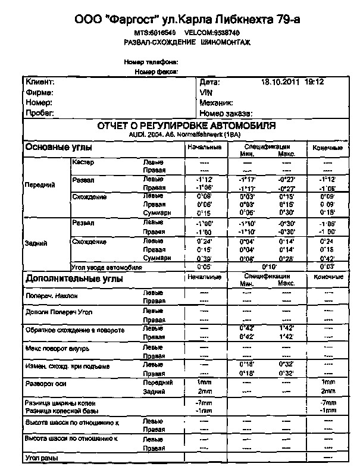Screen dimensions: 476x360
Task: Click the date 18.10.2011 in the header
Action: click(281, 82)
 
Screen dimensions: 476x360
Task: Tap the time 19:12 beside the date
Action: click(314, 82)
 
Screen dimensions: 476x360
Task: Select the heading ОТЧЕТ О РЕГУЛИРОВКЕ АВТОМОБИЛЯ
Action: click(186, 126)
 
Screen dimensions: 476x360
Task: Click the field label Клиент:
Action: click(40, 82)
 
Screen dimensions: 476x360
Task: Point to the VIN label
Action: click(206, 92)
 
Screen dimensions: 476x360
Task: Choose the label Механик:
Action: click(217, 102)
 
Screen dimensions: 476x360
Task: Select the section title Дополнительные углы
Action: click(74, 278)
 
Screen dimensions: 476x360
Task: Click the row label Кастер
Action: click(83, 162)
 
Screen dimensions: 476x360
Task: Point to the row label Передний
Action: click(39, 184)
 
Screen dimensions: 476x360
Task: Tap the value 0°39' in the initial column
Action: click(204, 258)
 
